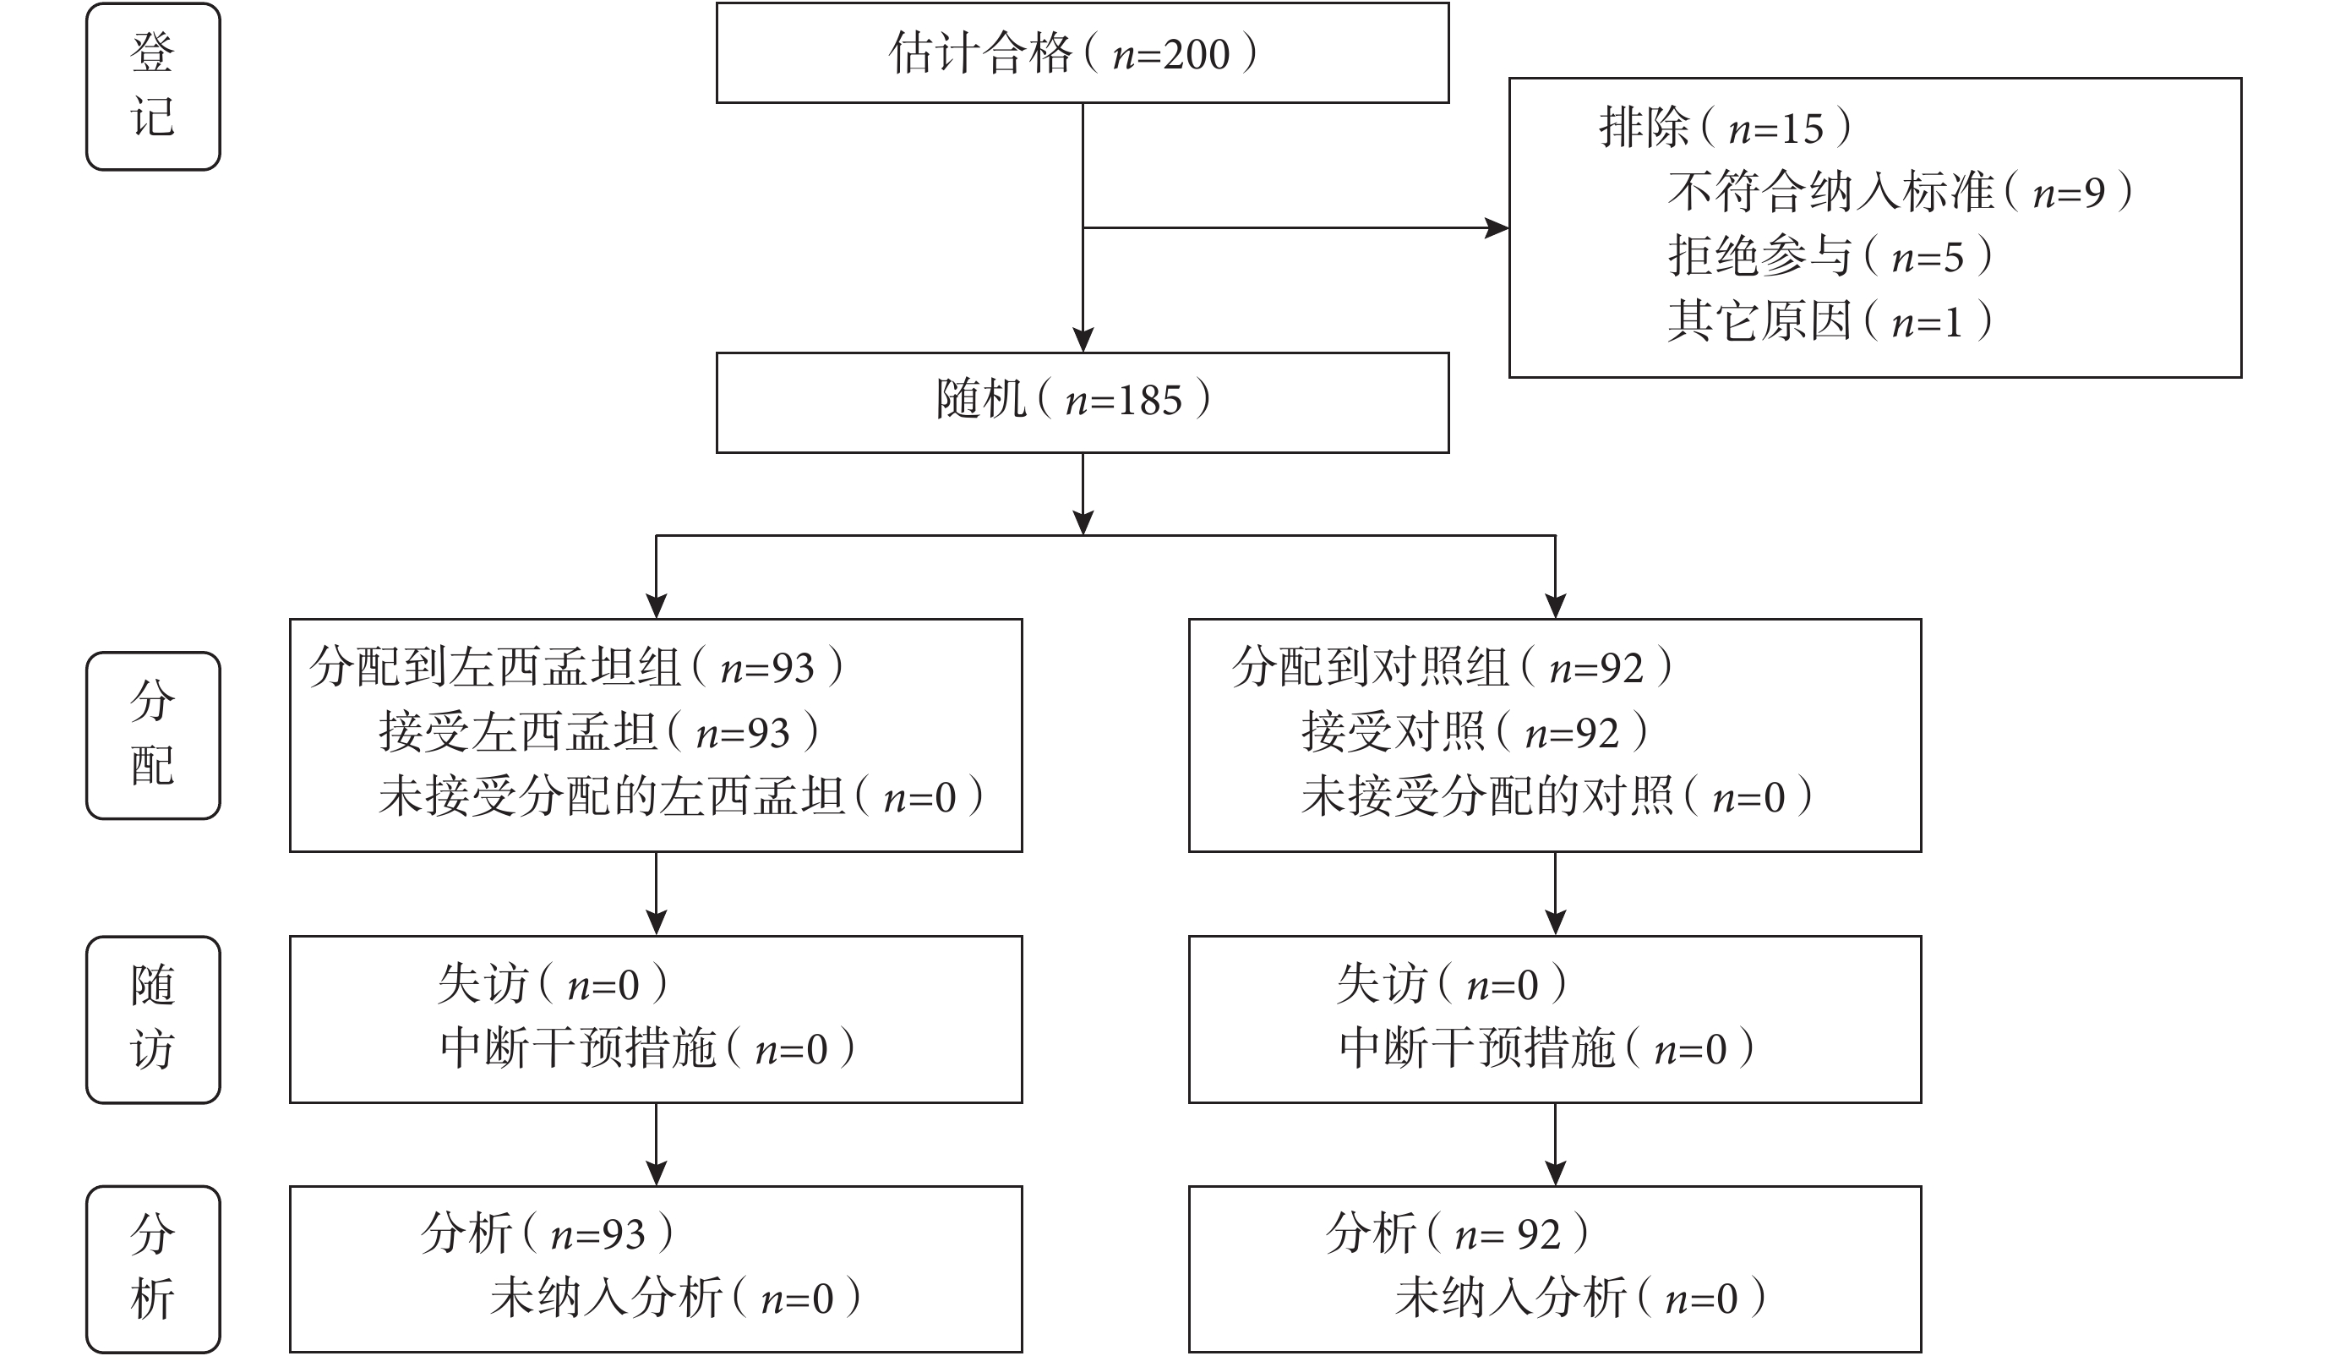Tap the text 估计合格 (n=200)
click(x=1073, y=52)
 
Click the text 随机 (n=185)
click(x=1073, y=400)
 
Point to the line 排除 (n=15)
click(x=1726, y=128)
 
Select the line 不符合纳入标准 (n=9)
click(x=1901, y=192)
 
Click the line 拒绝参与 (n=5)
click(x=1830, y=256)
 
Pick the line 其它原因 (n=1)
click(x=1830, y=320)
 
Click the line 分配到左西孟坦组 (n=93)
click(x=575, y=667)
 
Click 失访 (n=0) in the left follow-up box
click(x=553, y=984)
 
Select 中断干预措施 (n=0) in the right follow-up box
click(x=1546, y=1048)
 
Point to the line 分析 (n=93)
click(x=547, y=1233)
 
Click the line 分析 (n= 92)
click(x=1458, y=1233)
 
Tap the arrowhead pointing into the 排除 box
click(x=1497, y=227)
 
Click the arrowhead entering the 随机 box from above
click(x=1083, y=339)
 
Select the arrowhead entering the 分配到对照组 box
click(x=1556, y=605)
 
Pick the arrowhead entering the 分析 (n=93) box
click(x=656, y=1173)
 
